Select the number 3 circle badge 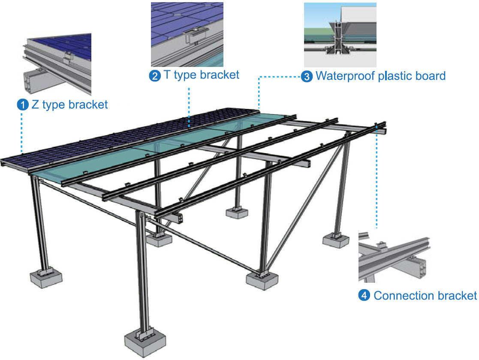307,77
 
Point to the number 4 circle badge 364,296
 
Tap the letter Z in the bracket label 35,105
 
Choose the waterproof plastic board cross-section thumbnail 340,34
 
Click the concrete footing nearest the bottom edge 145,341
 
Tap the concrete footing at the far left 46,277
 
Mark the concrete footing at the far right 336,241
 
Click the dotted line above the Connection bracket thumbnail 377,180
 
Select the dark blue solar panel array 107,137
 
